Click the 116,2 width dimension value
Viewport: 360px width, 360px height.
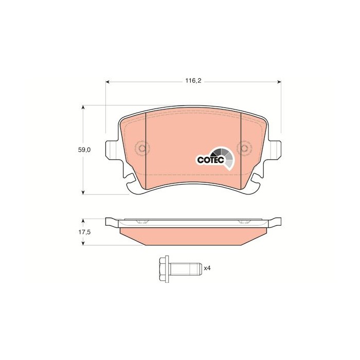coord(193,81)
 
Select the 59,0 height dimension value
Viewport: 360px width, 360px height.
coord(84,150)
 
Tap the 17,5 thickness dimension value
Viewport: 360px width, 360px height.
coord(84,232)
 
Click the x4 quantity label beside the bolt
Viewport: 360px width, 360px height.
coord(207,268)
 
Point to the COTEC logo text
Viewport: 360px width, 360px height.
coord(210,160)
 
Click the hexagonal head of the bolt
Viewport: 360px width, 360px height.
coord(164,269)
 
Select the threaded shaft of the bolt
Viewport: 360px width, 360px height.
coord(186,269)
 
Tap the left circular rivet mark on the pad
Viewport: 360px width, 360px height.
coord(142,148)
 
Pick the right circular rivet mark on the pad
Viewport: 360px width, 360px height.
coord(244,148)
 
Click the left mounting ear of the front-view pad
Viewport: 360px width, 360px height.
coord(112,150)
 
